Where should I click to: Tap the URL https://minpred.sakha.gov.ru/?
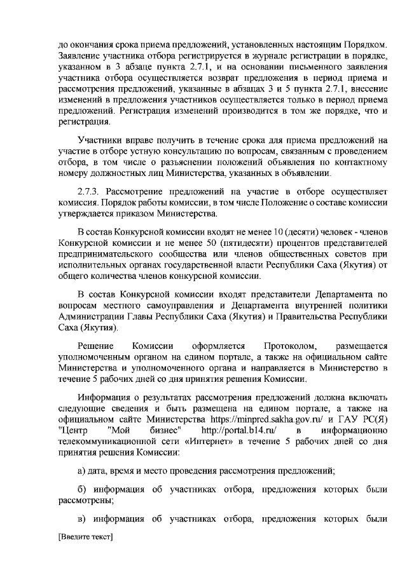click(269, 420)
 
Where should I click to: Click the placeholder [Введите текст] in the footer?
click(85, 538)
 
